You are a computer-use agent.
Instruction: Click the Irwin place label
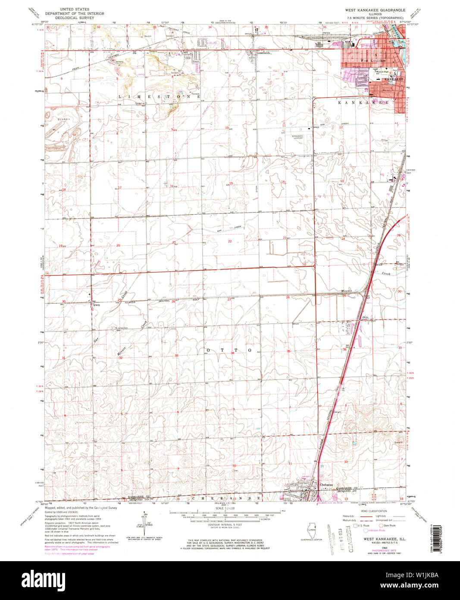coord(97,305)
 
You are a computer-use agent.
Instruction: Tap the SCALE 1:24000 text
coord(225,508)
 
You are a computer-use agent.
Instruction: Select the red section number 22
coord(230,241)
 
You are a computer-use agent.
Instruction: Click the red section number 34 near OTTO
coord(232,353)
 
